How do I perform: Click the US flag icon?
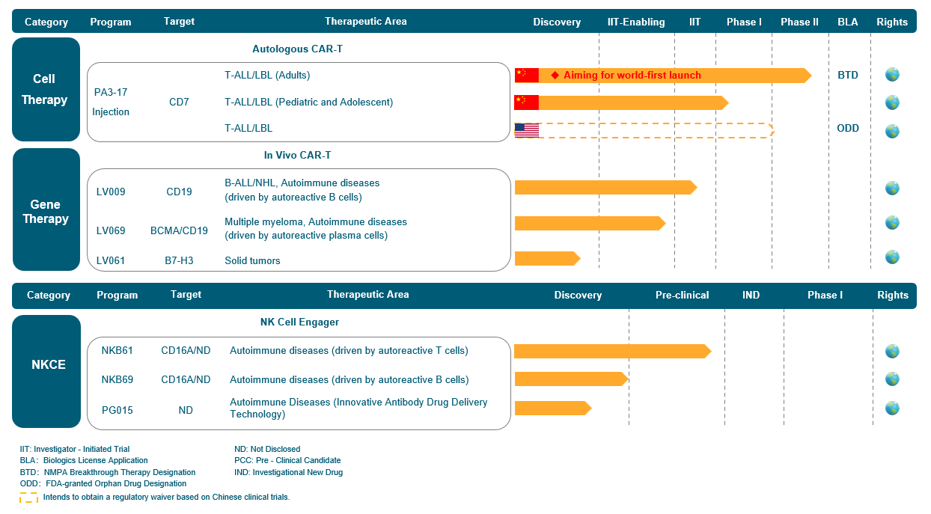click(527, 130)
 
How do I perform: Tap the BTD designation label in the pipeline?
click(847, 76)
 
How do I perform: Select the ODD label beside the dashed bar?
click(848, 128)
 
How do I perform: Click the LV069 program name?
click(111, 230)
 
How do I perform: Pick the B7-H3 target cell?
click(179, 260)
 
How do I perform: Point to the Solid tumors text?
click(252, 260)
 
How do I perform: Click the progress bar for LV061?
click(547, 258)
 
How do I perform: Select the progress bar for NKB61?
click(613, 351)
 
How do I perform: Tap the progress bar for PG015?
click(553, 408)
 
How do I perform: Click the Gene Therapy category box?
click(46, 209)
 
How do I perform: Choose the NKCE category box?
click(46, 372)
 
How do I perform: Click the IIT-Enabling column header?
click(636, 22)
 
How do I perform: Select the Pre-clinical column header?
click(682, 295)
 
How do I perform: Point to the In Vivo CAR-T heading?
click(298, 155)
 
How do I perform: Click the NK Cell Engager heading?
click(299, 322)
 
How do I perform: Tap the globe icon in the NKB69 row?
click(892, 379)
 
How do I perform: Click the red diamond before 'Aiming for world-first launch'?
click(555, 76)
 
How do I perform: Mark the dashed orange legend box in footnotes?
click(28, 498)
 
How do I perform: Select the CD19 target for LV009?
click(179, 192)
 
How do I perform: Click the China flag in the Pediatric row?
click(527, 103)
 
